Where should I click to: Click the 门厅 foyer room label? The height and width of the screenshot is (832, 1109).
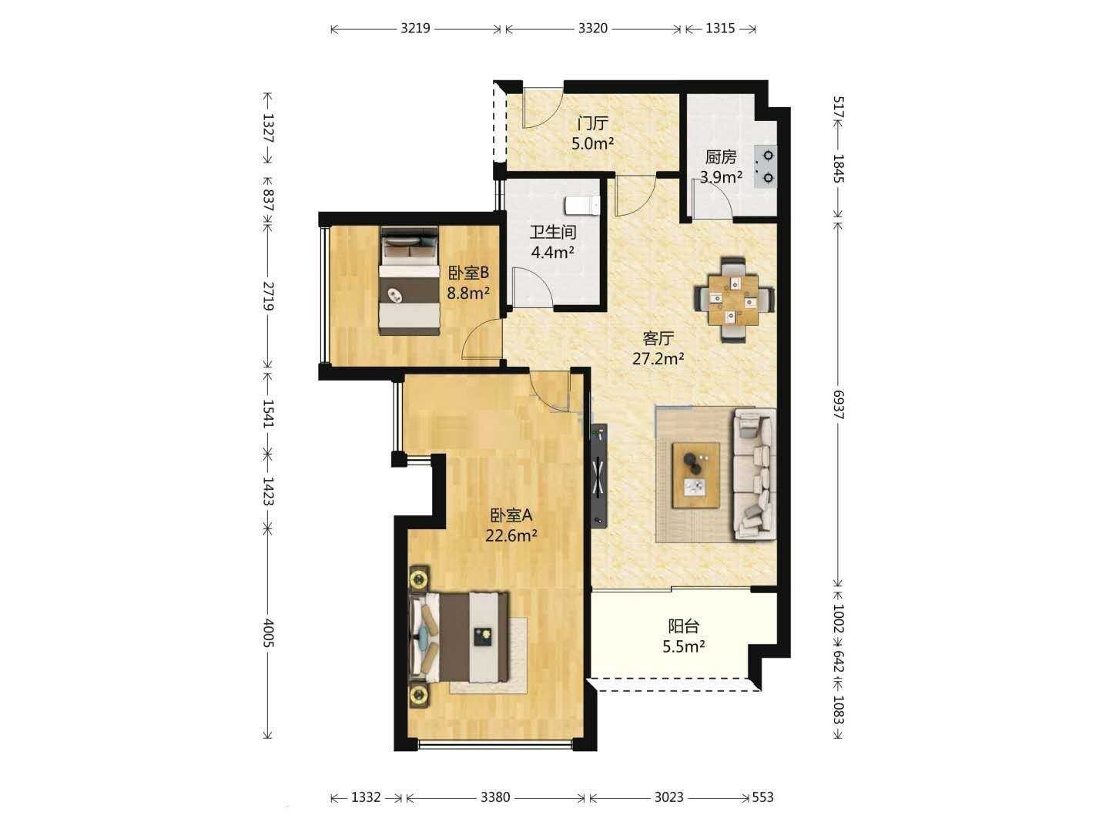tap(593, 122)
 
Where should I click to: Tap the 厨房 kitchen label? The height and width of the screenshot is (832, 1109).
tap(721, 157)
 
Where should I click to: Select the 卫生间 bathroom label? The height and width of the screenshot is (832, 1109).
tap(553, 232)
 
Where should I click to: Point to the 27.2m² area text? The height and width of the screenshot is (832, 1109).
tap(658, 359)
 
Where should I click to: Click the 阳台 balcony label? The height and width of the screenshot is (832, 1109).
tap(683, 626)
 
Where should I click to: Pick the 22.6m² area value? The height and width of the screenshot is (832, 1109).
tap(511, 535)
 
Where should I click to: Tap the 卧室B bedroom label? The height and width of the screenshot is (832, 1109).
tap(468, 273)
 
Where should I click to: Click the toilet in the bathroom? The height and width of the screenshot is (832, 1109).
tap(582, 206)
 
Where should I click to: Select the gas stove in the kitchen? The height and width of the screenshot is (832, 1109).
tap(764, 166)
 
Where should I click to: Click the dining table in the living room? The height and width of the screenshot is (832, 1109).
tap(733, 300)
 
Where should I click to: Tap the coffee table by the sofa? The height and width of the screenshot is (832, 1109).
tap(695, 475)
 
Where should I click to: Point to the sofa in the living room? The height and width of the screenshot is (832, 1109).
tap(755, 475)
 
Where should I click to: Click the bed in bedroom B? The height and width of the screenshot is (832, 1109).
tap(409, 281)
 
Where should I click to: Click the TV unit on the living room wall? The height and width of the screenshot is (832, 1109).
tap(598, 475)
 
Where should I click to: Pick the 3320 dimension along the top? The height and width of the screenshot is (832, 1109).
tap(593, 29)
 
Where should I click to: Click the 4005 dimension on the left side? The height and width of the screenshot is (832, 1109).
tap(268, 633)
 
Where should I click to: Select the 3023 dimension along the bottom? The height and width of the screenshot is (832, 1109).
tap(668, 797)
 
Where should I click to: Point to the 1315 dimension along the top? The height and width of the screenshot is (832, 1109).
tap(720, 29)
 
